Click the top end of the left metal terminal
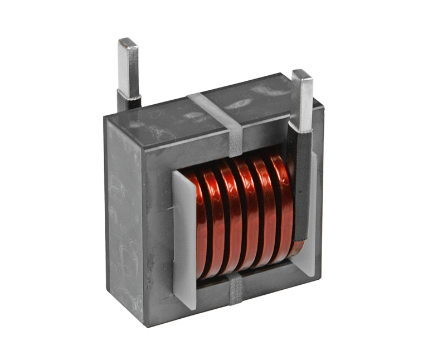tap(128, 42)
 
